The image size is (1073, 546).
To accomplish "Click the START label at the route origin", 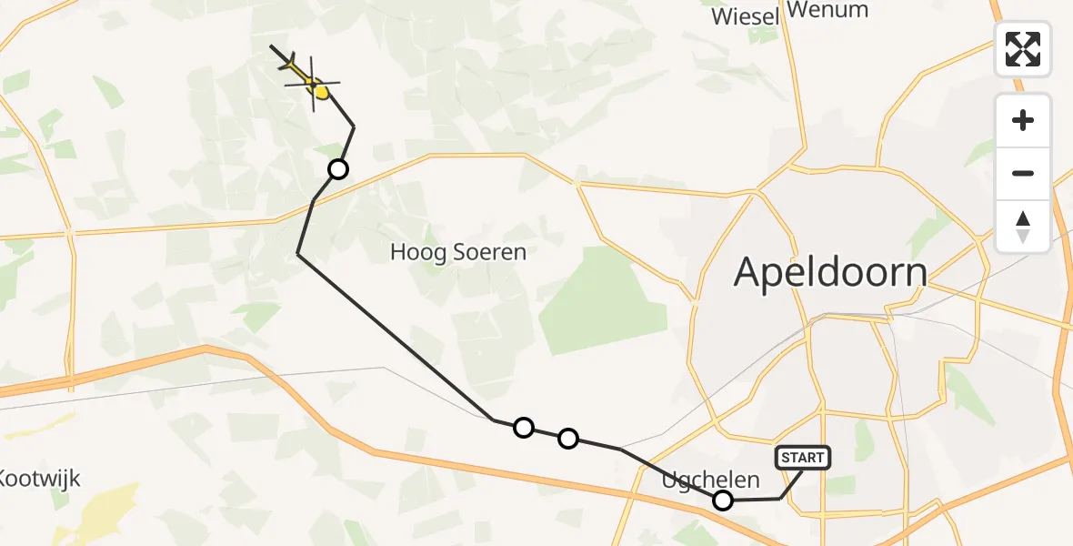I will point(803,457).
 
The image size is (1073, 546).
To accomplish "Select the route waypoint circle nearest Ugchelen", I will point(723,500).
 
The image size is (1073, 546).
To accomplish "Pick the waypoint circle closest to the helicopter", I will point(337,168).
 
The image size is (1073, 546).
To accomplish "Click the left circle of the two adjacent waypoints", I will point(523,427).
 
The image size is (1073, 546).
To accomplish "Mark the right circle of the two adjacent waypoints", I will point(567,439).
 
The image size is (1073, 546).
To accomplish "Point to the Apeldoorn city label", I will point(830,272).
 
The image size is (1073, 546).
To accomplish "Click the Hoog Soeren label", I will point(458,252).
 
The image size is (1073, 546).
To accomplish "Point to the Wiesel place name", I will point(746,16).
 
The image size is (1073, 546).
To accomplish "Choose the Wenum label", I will point(827,10).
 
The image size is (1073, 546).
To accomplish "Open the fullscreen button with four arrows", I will point(1023,49).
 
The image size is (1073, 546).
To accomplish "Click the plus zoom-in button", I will point(1023,120).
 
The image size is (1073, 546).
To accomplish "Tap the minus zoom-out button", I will point(1023,173).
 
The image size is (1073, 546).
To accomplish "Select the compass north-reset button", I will point(1023,227).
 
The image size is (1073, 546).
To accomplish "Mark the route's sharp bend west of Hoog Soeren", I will point(298,255).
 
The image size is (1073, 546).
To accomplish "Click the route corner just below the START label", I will point(780,498).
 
